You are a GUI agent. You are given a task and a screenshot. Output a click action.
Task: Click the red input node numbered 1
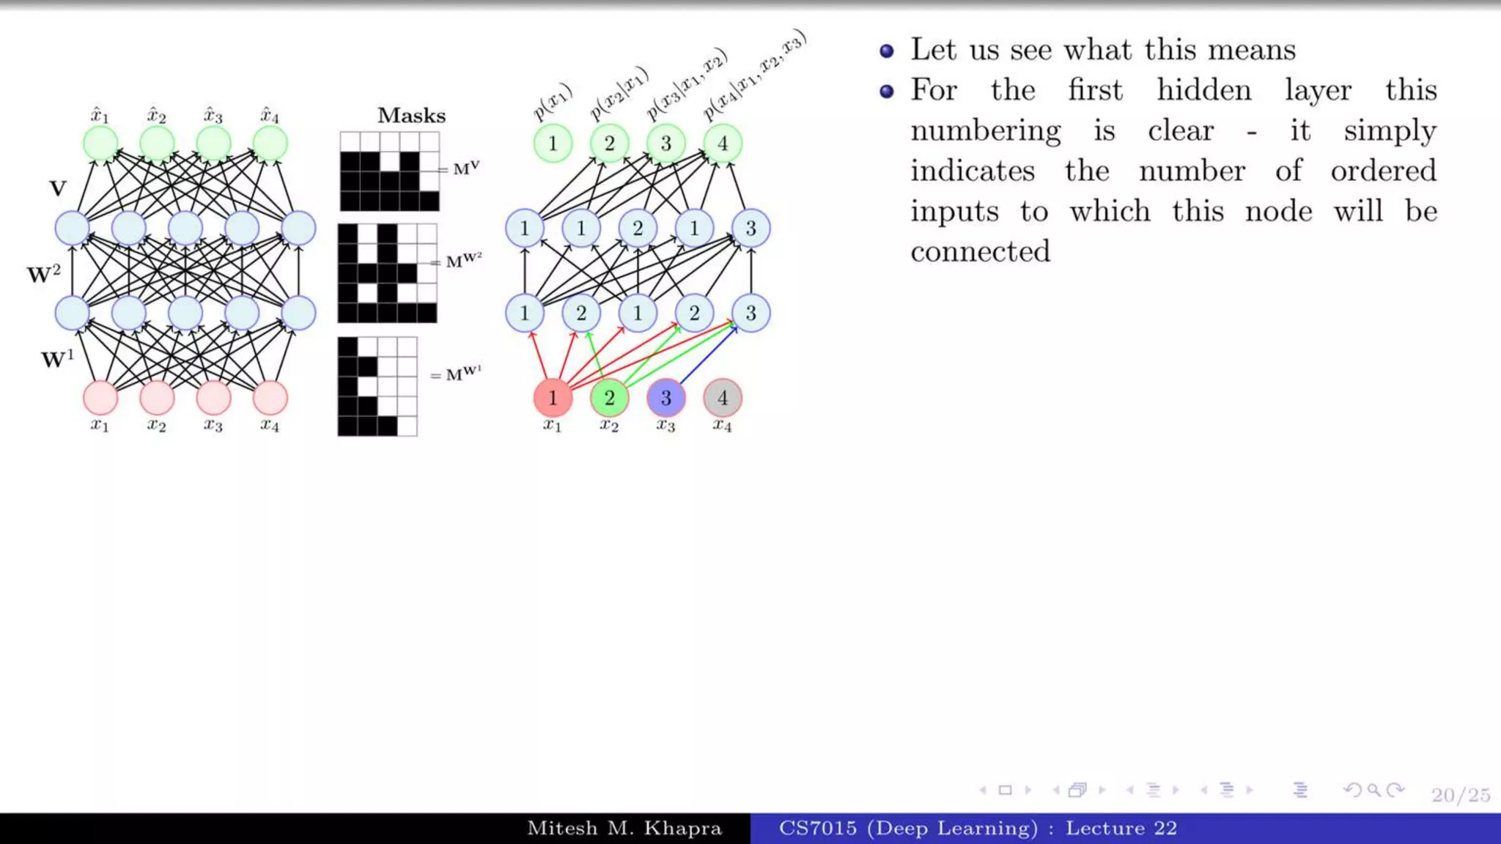(x=553, y=398)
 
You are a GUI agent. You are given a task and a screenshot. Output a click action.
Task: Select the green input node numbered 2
(x=609, y=398)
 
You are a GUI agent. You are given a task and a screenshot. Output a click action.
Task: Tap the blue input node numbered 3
(x=665, y=398)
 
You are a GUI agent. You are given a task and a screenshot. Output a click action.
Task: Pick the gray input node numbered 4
(x=723, y=398)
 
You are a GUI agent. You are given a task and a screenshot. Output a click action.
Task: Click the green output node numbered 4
(x=723, y=144)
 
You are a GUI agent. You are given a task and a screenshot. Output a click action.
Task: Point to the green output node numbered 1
(x=553, y=144)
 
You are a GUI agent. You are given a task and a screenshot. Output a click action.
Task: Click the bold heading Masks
(x=411, y=116)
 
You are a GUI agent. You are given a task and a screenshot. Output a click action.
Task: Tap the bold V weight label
(x=58, y=189)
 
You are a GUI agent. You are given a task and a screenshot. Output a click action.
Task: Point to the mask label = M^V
(x=461, y=169)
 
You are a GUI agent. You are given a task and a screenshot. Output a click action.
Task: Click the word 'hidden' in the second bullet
(x=1204, y=90)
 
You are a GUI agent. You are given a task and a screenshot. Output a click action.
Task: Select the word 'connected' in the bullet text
(x=980, y=251)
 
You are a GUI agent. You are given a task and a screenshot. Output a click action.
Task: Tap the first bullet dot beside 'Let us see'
(x=887, y=51)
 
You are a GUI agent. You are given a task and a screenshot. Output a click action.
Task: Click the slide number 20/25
(x=1461, y=795)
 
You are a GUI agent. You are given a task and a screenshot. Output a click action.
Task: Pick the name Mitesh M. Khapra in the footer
(x=624, y=829)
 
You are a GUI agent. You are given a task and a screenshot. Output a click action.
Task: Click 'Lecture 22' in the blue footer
(x=1121, y=829)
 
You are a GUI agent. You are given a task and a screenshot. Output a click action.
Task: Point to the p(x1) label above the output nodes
(x=551, y=103)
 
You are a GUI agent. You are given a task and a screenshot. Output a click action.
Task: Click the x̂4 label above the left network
(x=270, y=115)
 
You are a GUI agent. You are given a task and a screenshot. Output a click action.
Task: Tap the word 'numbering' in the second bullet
(x=985, y=131)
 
